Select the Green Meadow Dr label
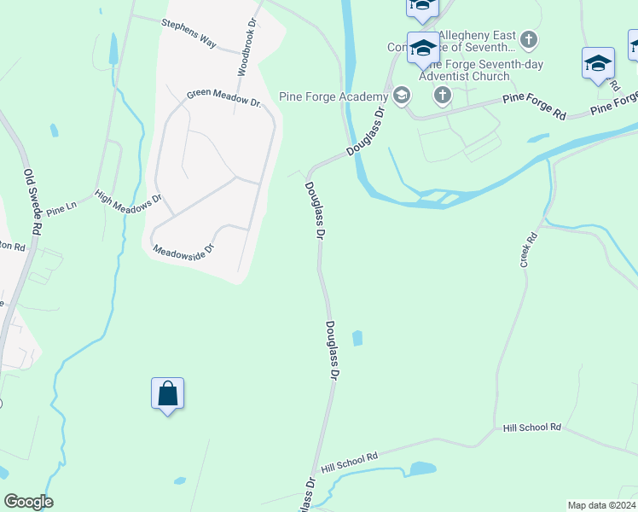[x=223, y=97]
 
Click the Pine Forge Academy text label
[x=333, y=96]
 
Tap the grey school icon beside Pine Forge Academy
[x=400, y=95]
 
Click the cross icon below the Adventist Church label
[x=442, y=95]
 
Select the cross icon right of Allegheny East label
[x=529, y=39]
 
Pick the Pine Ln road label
[x=61, y=209]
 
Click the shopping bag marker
[x=168, y=394]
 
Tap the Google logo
[x=28, y=502]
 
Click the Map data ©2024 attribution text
[x=600, y=505]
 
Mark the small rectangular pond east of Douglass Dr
[x=357, y=338]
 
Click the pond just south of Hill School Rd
[x=422, y=468]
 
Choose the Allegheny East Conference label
[x=478, y=39]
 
